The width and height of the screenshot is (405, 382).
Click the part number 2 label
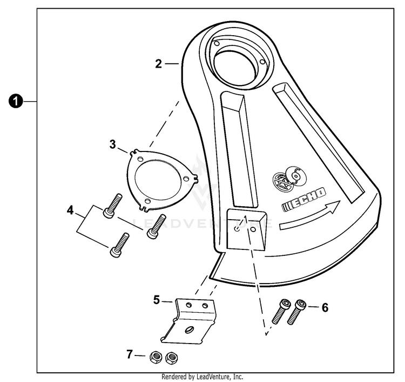tap(158, 64)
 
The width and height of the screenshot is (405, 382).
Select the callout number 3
tap(113, 144)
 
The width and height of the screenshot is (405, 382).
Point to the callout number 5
tap(156, 299)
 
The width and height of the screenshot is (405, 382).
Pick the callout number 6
tap(325, 307)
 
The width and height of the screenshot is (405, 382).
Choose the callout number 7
tap(129, 355)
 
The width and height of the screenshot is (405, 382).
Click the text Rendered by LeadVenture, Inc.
tap(202, 377)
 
